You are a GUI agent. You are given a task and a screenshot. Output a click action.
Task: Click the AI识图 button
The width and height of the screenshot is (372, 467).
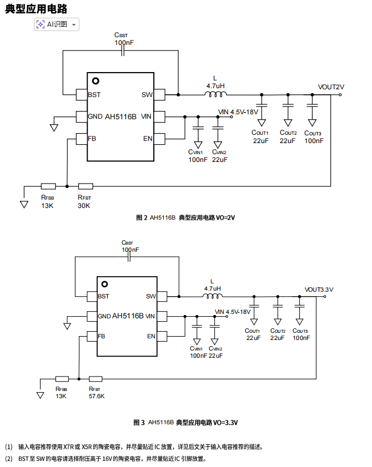tap(57, 24)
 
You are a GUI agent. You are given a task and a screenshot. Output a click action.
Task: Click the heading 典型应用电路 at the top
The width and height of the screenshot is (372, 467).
tap(37, 8)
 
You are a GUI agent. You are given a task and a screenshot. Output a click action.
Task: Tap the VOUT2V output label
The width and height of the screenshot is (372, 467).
tap(331, 87)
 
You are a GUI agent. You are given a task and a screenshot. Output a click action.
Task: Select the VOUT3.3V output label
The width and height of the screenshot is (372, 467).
tap(319, 290)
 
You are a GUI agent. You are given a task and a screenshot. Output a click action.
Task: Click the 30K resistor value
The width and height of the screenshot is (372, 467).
tap(84, 206)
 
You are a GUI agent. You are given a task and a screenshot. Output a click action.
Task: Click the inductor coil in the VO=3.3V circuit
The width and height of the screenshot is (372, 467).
tap(212, 296)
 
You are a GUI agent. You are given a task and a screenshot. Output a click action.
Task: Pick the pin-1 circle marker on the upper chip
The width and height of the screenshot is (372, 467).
tap(95, 81)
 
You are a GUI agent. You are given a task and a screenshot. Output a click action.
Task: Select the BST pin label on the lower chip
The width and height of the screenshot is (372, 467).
tap(104, 296)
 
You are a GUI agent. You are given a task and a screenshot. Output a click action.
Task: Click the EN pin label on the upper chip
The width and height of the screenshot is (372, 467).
tap(147, 138)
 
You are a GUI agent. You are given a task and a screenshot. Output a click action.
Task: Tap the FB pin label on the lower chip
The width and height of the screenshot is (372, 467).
tap(102, 336)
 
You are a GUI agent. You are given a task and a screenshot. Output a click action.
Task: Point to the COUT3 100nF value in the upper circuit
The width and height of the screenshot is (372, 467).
tap(313, 141)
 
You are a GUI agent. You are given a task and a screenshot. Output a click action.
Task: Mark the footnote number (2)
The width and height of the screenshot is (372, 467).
tap(8, 459)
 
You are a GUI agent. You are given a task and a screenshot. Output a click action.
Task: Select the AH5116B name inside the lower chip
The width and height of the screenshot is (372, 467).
tap(128, 316)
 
